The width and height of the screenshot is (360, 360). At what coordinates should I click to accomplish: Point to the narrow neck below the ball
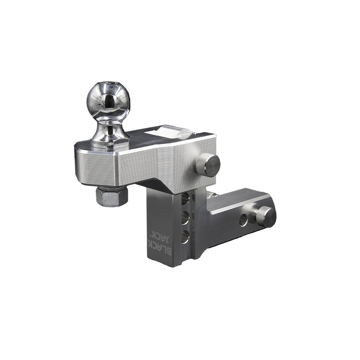point(107,129)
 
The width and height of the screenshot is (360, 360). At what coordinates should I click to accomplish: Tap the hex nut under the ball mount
point(112,197)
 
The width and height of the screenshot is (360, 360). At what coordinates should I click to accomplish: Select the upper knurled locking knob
point(207,165)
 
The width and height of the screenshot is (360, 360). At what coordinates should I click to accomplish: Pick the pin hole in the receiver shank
point(243,220)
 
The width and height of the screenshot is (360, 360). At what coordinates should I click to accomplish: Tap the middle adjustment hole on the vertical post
point(184,220)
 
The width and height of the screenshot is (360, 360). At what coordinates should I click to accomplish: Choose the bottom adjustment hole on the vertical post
point(184,237)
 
